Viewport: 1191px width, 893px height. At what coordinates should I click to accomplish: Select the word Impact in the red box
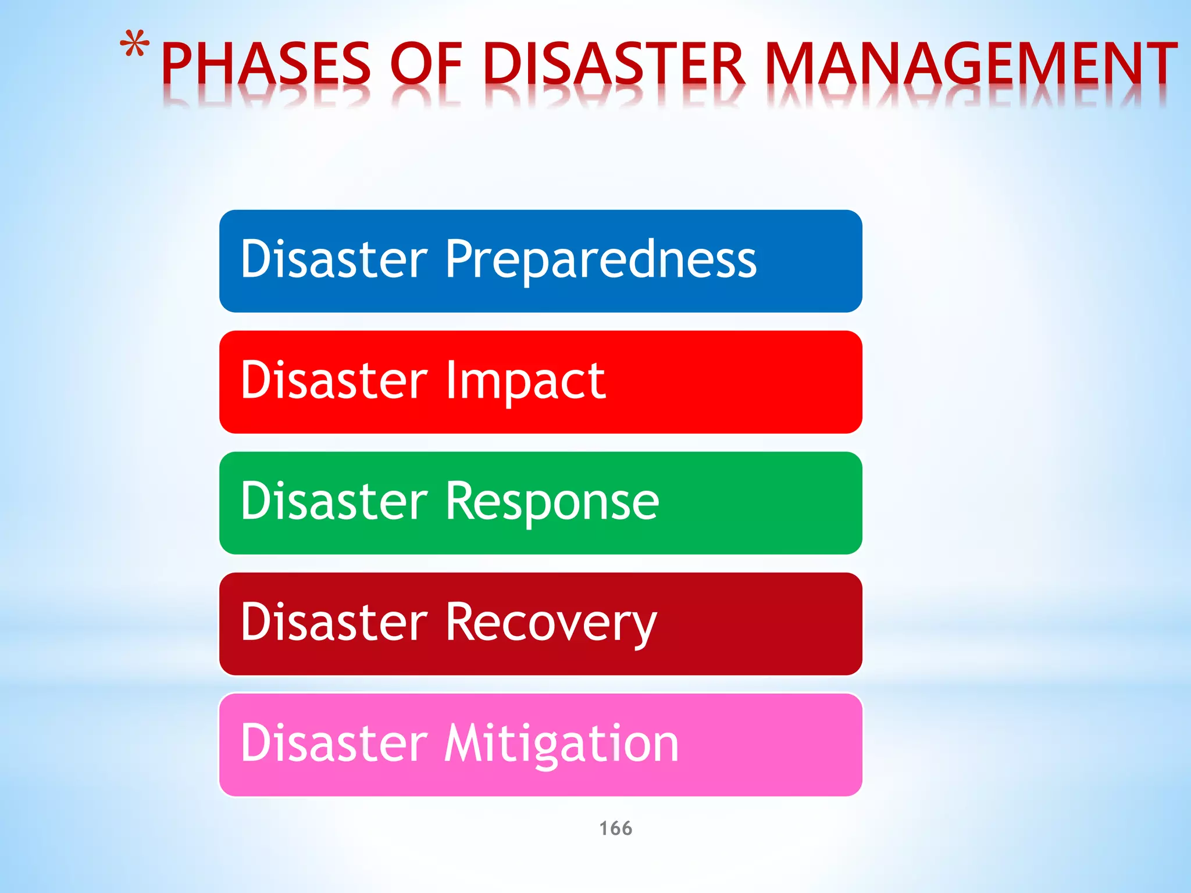tap(526, 381)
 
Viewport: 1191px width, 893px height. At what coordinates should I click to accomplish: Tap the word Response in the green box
tap(552, 502)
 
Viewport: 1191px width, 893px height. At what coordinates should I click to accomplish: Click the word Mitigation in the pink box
tap(562, 744)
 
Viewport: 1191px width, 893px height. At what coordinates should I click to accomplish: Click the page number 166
tap(615, 828)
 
